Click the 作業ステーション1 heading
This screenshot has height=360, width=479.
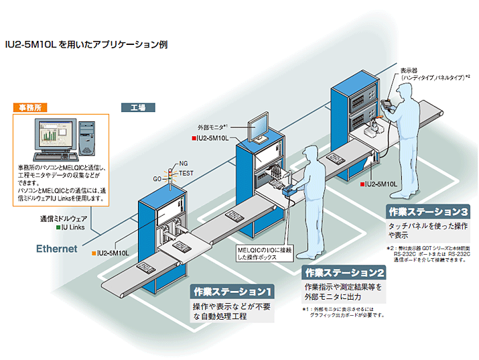232,292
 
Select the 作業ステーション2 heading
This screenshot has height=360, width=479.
344,273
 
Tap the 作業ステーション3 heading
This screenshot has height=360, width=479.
428,212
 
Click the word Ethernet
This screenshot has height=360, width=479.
57,249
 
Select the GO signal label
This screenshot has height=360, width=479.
158,180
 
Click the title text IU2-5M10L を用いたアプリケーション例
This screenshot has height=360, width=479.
85,45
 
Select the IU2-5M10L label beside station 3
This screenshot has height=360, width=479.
381,182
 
